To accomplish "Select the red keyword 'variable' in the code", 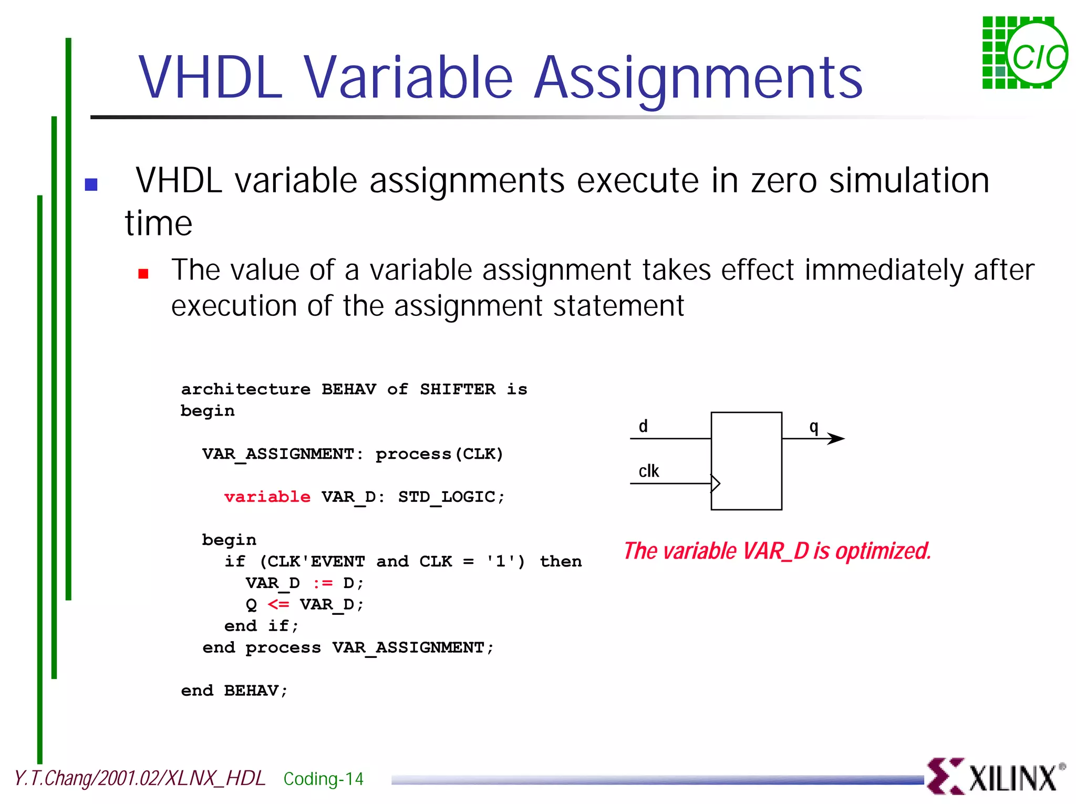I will tap(267, 497).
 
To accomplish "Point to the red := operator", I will tap(323, 583).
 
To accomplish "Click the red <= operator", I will tap(278, 604).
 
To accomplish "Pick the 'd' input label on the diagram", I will tap(643, 426).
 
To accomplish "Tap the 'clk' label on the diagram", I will tap(649, 471).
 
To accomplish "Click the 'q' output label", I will tap(814, 426).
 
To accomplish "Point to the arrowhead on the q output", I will tap(836, 438).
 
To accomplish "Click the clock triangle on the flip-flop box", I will tap(716, 483).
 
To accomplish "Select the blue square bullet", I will tap(91, 184).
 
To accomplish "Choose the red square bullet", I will tap(143, 273).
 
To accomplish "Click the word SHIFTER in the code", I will tap(457, 389).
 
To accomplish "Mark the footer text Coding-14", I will tap(323, 779).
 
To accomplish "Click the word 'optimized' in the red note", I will tap(883, 551).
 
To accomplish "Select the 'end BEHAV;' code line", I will tap(234, 690).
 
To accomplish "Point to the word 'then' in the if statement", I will tap(561, 561).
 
